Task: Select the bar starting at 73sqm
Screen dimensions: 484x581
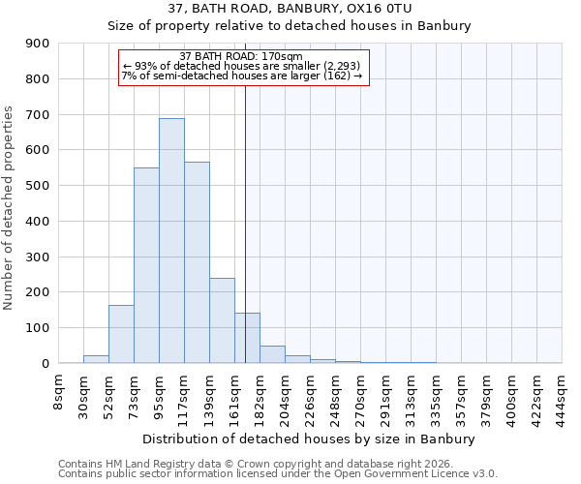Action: pyautogui.click(x=146, y=265)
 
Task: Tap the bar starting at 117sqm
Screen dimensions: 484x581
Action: pyautogui.click(x=197, y=262)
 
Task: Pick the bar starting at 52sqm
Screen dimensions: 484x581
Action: pyautogui.click(x=121, y=334)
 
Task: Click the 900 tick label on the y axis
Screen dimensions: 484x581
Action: pyautogui.click(x=38, y=44)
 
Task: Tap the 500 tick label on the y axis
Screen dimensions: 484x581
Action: pyautogui.click(x=38, y=186)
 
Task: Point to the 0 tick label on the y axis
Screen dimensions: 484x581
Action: pyautogui.click(x=46, y=363)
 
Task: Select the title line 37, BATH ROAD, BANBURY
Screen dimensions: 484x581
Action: pyautogui.click(x=290, y=8)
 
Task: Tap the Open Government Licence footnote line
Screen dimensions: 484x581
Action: pyautogui.click(x=278, y=474)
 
